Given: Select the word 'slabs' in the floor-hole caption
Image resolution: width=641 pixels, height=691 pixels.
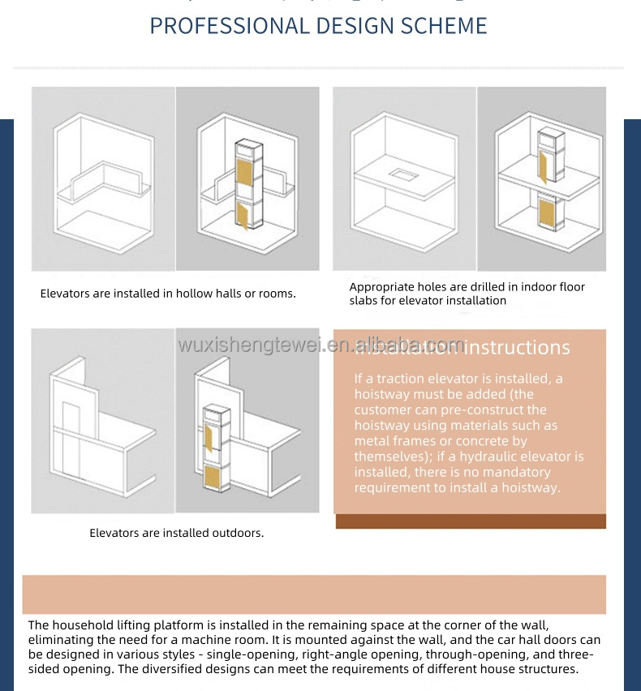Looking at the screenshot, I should coord(364,301).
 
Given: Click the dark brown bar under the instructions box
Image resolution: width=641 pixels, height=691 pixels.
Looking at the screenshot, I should coord(471,521).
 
